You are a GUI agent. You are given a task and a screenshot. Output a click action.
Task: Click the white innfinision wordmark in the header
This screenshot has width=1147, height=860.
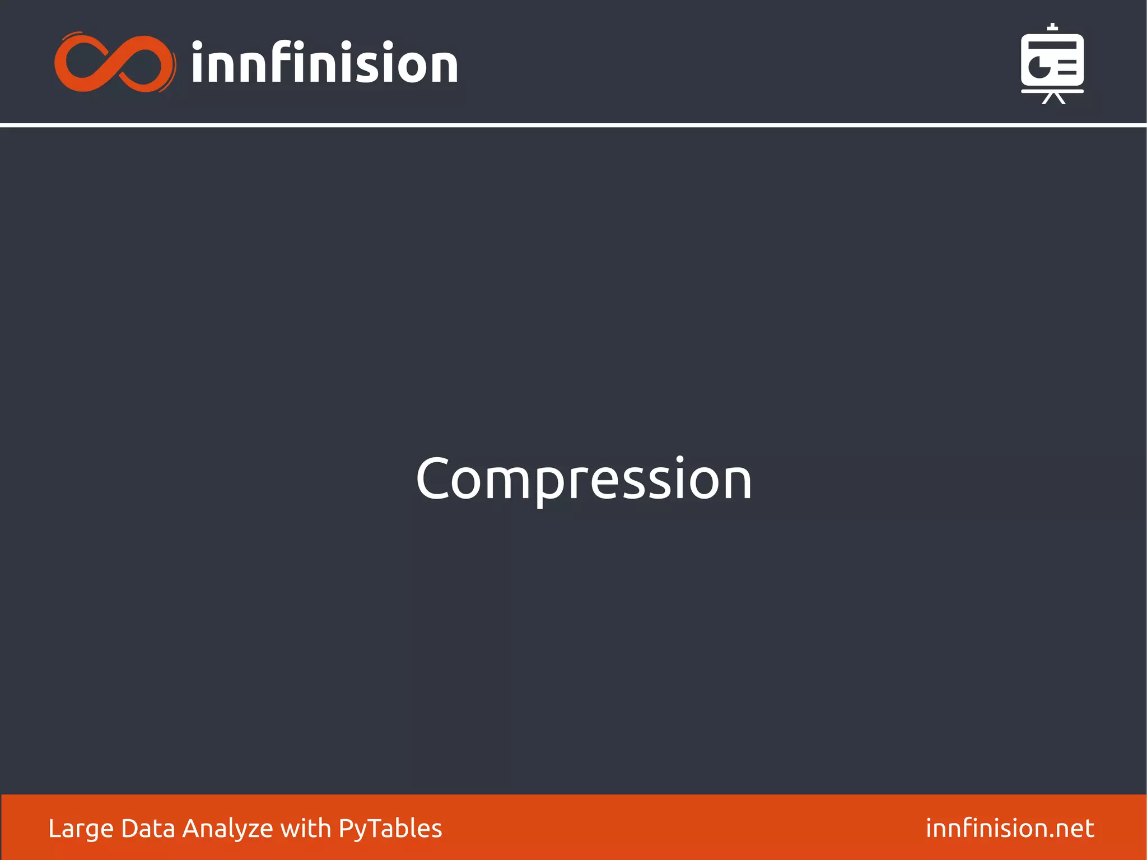coord(325,63)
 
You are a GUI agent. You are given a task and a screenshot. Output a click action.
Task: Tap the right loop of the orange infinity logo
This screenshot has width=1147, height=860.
coord(143,63)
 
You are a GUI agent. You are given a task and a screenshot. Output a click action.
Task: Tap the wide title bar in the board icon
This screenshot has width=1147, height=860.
coord(1052,45)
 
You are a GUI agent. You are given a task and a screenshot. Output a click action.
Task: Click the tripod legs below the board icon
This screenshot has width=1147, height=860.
coord(1053,99)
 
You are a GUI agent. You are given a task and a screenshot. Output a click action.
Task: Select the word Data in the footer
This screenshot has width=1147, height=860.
coord(148,828)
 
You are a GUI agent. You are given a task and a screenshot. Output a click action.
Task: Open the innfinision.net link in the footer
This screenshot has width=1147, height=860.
coord(1009,828)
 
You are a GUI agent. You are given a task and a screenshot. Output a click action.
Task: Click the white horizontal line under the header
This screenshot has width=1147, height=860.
coord(573,125)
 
